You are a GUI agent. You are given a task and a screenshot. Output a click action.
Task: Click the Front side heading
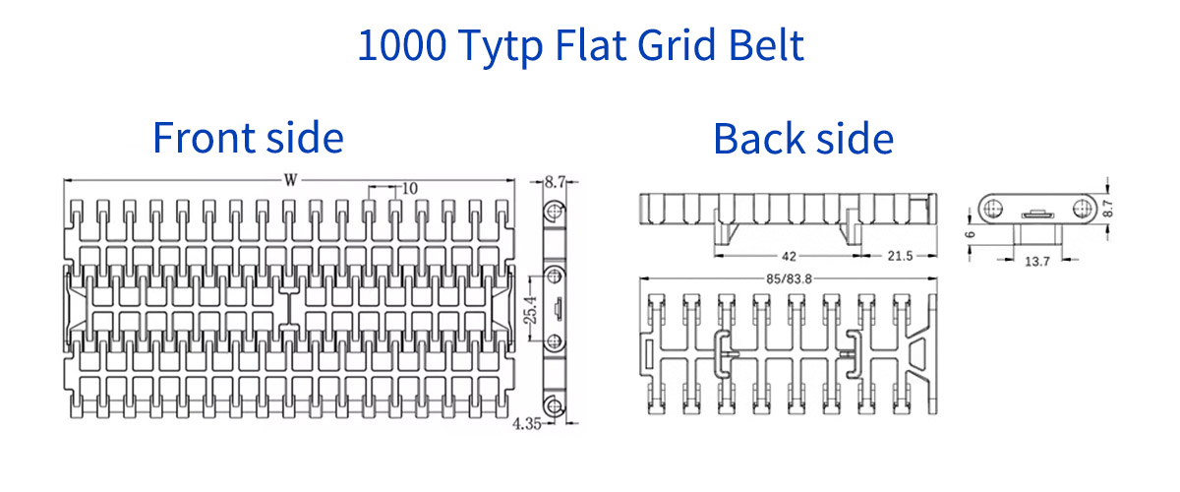coord(248,138)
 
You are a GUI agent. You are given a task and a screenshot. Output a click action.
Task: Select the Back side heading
coord(803,139)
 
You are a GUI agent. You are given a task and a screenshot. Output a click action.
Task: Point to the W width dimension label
coord(290,180)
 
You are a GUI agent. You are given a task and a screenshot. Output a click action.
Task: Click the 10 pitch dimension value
coord(409,187)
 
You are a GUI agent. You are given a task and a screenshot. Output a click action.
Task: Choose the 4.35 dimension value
coord(526,425)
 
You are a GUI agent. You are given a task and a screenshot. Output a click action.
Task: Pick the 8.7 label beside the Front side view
coord(554,181)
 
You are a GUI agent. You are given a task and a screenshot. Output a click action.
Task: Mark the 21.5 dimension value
coord(900,256)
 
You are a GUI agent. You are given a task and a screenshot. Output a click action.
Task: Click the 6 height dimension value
coord(971,235)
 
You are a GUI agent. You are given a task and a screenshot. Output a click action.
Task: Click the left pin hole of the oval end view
coord(994,206)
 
